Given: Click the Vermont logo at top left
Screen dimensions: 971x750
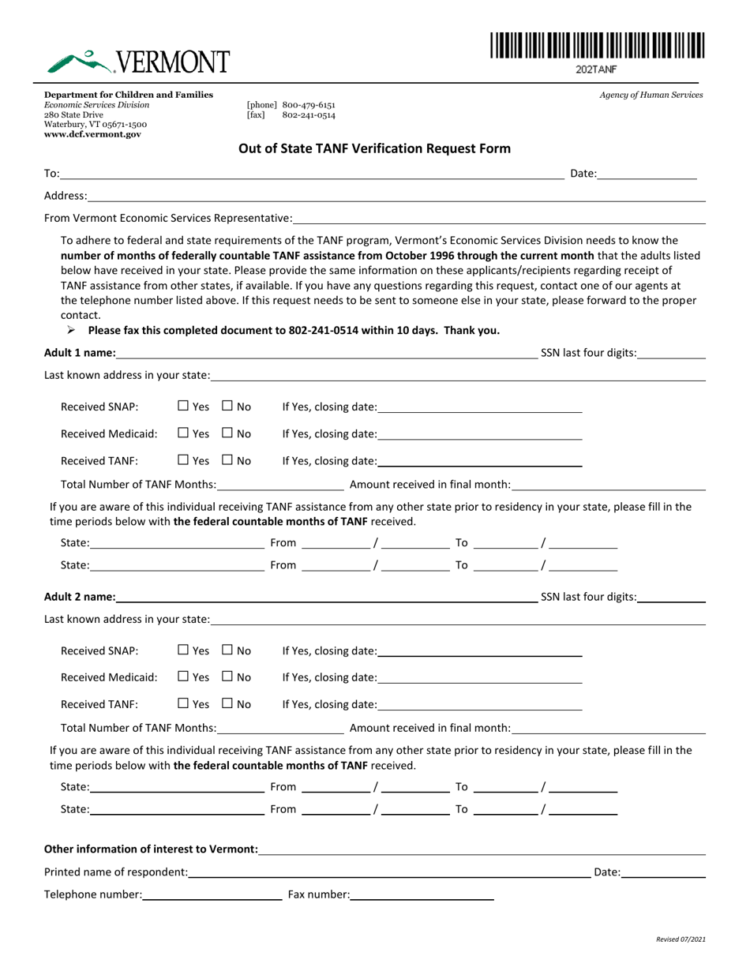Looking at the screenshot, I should [x=137, y=60].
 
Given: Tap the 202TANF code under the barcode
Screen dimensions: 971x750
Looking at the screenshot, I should [x=596, y=69].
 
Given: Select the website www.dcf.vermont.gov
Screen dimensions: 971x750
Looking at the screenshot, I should [x=92, y=134].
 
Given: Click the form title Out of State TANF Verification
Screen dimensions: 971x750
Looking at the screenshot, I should [x=374, y=148].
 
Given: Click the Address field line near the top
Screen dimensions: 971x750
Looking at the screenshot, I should [x=395, y=196].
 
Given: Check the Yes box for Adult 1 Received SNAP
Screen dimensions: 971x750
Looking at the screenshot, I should [x=183, y=407].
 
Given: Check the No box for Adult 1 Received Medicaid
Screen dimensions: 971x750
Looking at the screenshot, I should [x=227, y=433].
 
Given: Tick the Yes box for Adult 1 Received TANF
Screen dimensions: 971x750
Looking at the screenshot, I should [x=183, y=460].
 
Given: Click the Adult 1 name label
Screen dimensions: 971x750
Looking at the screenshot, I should [x=80, y=353].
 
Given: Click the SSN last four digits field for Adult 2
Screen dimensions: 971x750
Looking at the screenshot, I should [x=671, y=598].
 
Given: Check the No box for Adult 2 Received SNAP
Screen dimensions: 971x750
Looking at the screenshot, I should [x=227, y=650].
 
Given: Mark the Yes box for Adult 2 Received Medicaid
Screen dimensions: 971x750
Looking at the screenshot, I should [x=183, y=677].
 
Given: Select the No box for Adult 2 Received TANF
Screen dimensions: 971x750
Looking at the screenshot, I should [x=227, y=704].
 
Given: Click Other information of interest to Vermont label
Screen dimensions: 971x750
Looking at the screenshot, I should [x=151, y=849].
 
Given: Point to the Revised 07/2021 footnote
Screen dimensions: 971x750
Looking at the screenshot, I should [x=681, y=939].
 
